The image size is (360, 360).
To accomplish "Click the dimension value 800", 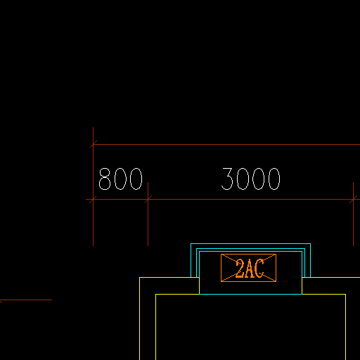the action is coord(120,179).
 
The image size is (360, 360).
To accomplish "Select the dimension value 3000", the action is coord(251,179).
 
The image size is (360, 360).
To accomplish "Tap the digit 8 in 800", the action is coord(105,179).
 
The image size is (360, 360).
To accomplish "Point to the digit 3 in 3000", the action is coord(227,179).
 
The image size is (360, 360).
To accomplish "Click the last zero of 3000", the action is coord(274,179).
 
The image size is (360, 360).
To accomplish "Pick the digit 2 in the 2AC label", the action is coord(240,268).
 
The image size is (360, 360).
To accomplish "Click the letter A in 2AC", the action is coord(250,268).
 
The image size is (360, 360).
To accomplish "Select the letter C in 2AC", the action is coord(259,268).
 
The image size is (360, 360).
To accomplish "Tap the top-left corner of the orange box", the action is coord(221,255).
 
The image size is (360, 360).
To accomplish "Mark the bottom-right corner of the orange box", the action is coord(276,281).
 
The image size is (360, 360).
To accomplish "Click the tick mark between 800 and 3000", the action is coord(148,200).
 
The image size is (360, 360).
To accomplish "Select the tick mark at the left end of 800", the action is coord(93,200).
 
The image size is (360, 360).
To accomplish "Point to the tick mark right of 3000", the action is coord(353,200).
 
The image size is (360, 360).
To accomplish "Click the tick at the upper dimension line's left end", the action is coord(94,145).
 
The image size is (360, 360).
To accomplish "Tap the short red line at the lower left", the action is coord(26,300).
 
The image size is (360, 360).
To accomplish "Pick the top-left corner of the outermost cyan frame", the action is coord(191,244).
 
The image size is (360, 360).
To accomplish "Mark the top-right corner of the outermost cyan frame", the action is coord(311,244).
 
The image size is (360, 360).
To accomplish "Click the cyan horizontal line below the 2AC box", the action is coord(250,294).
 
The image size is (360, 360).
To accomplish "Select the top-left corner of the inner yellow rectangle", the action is coord(156,295).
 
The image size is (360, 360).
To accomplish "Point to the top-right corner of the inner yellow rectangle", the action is coord(346,295).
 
